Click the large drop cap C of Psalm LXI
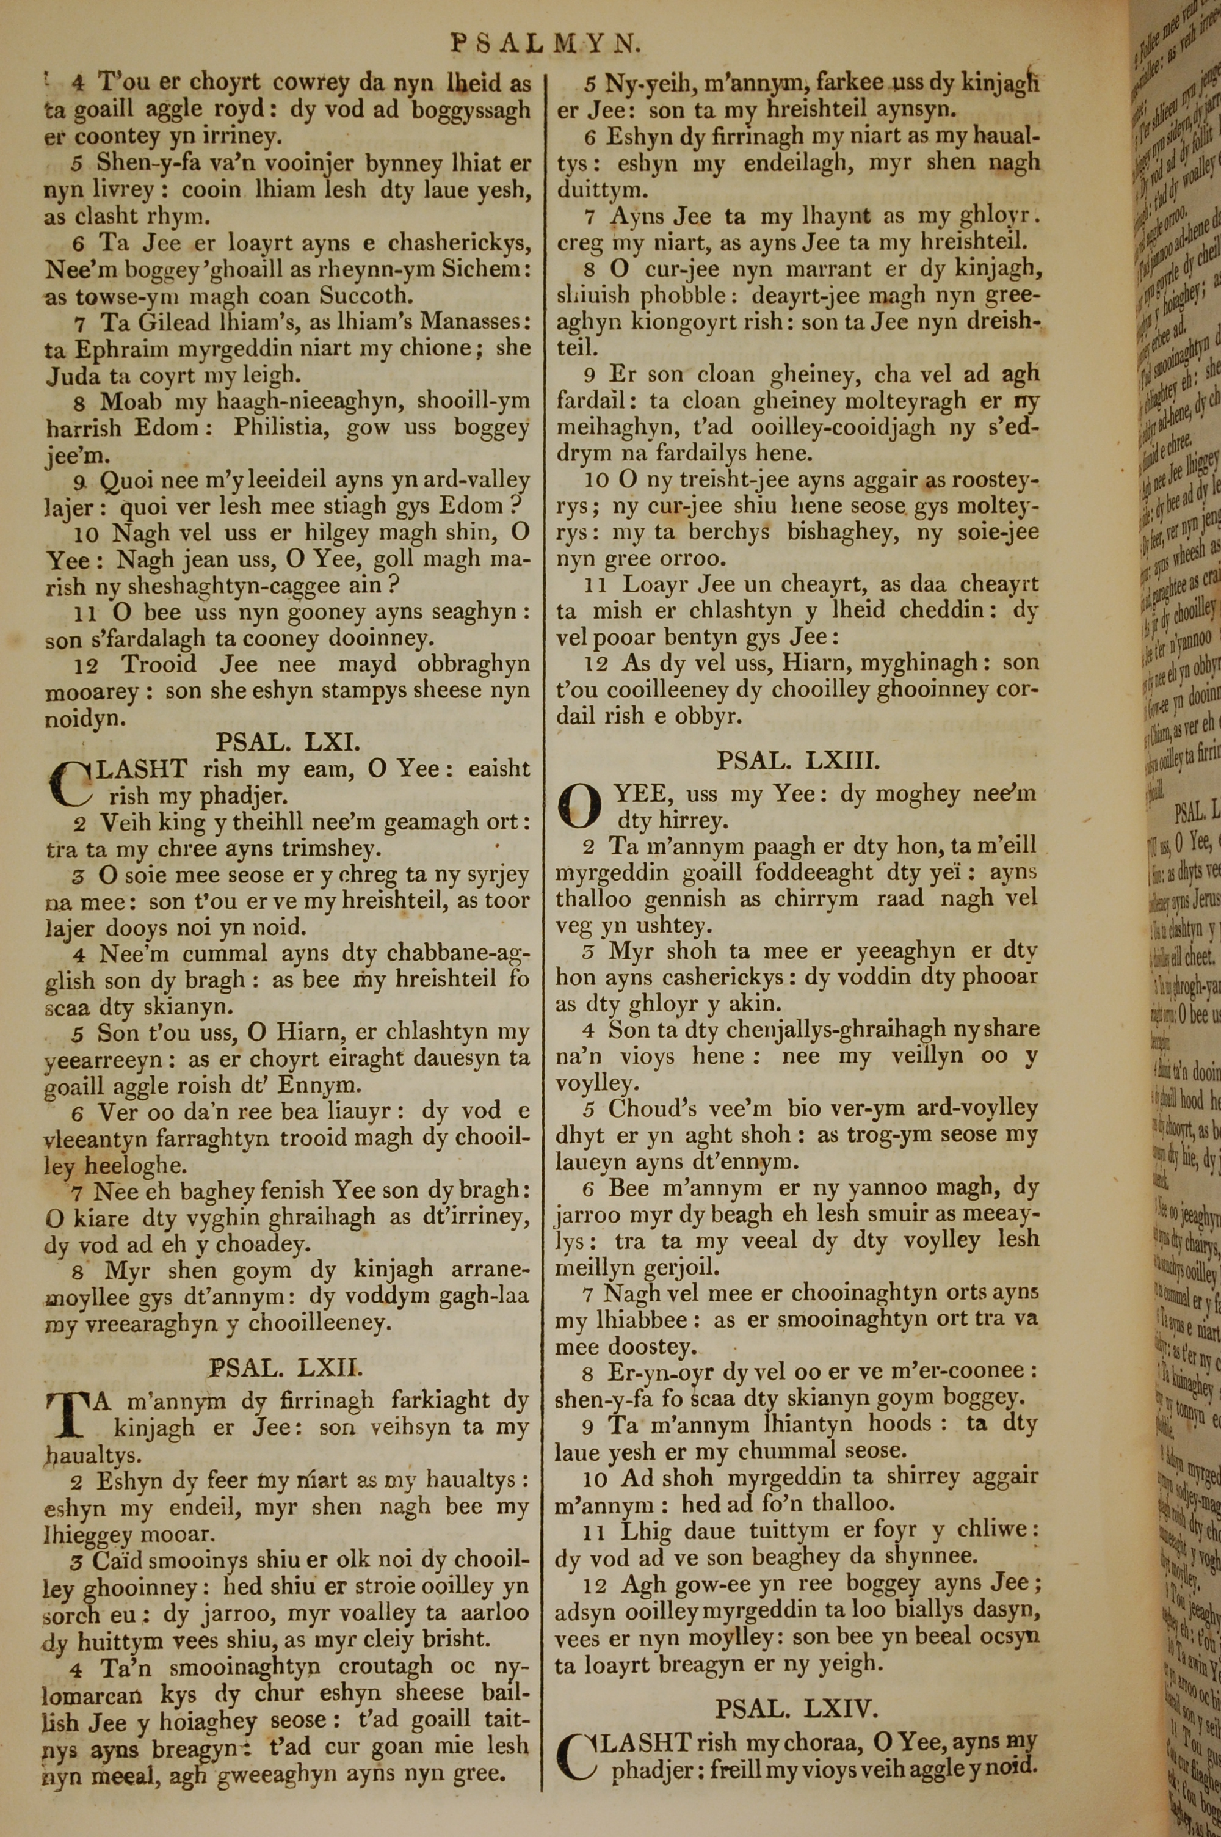70,782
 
